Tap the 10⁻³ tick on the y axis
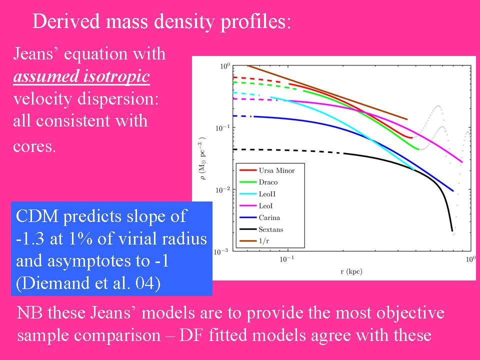222,251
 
